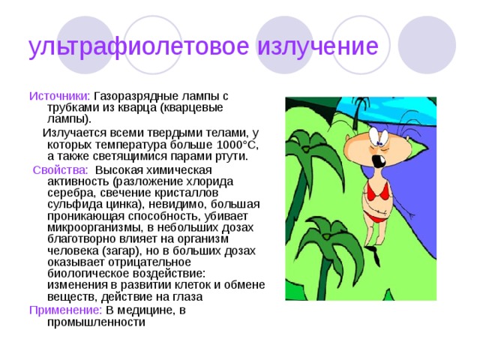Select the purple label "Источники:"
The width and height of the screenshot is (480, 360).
click(59, 96)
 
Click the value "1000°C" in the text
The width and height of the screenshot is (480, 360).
click(232, 144)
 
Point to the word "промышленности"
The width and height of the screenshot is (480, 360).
click(96, 322)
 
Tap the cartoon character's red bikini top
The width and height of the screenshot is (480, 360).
click(383, 193)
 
